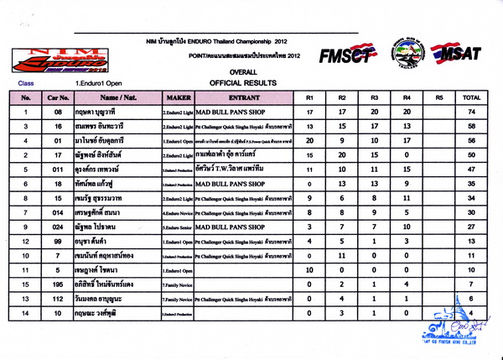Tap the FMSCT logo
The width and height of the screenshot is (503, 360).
(x=346, y=55)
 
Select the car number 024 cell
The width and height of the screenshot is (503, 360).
(x=58, y=227)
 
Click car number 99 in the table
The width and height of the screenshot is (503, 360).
(x=58, y=241)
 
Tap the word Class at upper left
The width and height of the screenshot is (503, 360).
(x=25, y=84)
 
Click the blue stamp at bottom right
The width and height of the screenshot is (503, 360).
(x=453, y=331)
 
